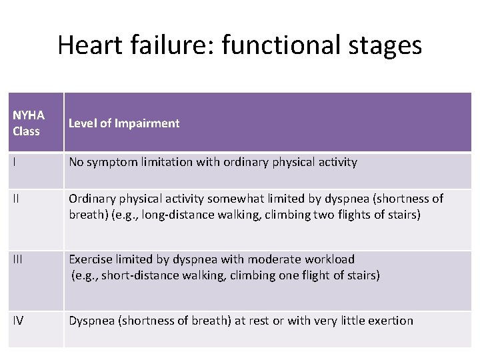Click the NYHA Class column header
[x=27, y=123]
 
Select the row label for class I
[x=15, y=162]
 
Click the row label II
[x=16, y=199]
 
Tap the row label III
[x=17, y=259]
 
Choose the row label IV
[x=18, y=321]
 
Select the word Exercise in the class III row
[x=89, y=259]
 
